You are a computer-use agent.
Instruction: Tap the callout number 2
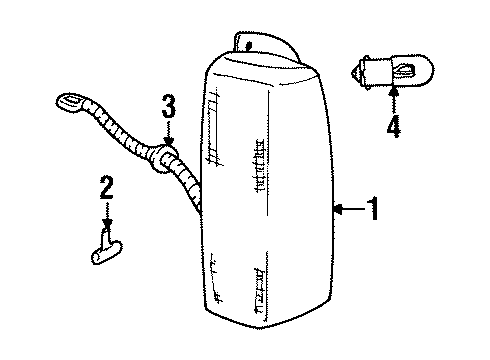tap(105, 186)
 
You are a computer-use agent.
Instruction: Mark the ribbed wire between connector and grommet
tap(115, 130)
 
